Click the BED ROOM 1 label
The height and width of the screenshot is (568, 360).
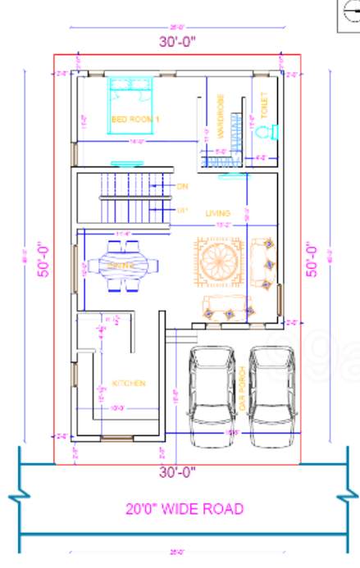click(x=135, y=120)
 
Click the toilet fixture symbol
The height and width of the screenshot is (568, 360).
click(x=274, y=131)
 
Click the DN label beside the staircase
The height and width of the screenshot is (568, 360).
click(x=182, y=186)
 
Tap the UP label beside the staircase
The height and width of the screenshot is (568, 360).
click(x=182, y=211)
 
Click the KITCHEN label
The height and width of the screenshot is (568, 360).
click(x=130, y=384)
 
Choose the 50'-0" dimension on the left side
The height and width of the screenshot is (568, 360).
click(x=38, y=259)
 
